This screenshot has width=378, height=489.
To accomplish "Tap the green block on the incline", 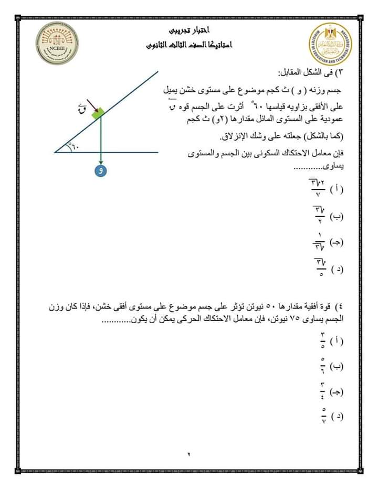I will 97,112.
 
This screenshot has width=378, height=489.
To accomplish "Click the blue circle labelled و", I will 100,171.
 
